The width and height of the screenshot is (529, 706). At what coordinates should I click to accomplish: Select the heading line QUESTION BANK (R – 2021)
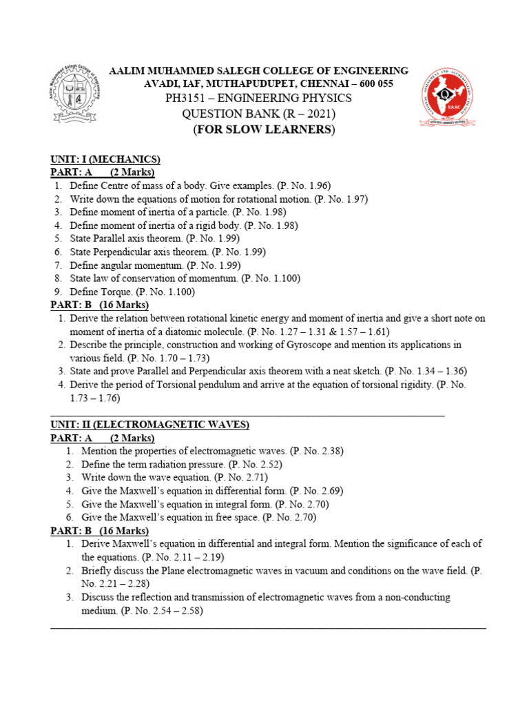[258, 114]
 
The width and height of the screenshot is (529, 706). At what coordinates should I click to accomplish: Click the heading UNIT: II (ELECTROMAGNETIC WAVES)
[150, 425]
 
